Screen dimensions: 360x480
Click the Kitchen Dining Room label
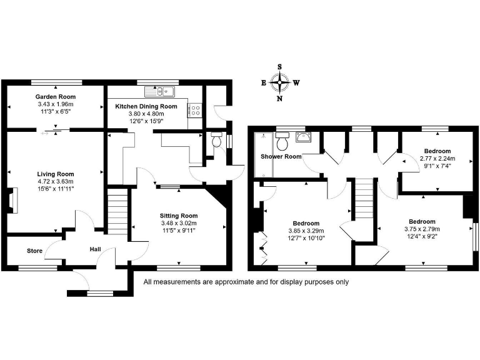(x=146, y=106)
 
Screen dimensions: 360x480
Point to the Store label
(x=34, y=251)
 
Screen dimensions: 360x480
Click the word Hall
(x=95, y=249)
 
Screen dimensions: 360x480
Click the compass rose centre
(x=280, y=82)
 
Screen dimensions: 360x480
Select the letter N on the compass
(x=280, y=98)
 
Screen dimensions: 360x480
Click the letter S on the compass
(x=280, y=66)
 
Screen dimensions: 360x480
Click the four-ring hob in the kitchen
(x=195, y=111)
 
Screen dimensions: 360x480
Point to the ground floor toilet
(x=217, y=141)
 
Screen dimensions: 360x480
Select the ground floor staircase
(x=117, y=212)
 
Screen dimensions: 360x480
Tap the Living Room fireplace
(x=14, y=203)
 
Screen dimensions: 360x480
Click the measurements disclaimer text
(x=246, y=282)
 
